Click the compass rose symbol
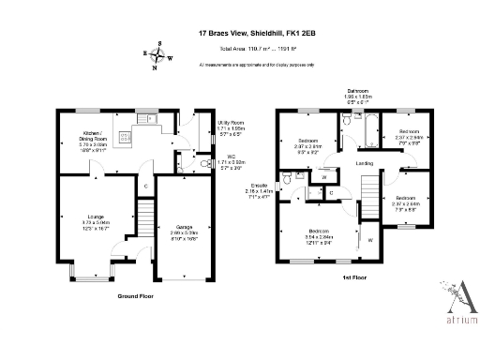[x=159, y=54]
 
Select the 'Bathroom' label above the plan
[x=360, y=91]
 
